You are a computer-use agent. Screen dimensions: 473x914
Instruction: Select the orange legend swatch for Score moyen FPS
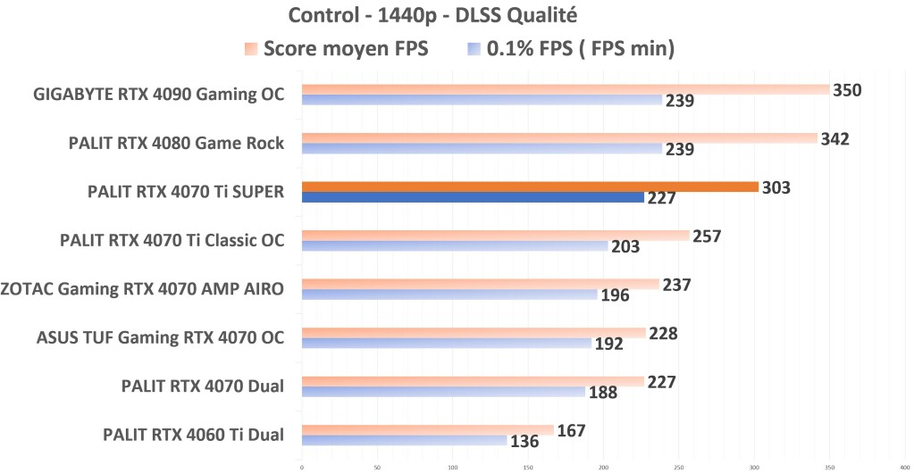(x=250, y=48)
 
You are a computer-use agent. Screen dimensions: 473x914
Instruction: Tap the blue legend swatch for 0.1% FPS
(x=474, y=48)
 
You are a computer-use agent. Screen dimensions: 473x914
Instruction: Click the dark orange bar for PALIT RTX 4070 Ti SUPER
(x=529, y=187)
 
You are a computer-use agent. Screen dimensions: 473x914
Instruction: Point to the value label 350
(x=846, y=90)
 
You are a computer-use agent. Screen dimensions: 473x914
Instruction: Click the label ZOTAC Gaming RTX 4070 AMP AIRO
(x=143, y=288)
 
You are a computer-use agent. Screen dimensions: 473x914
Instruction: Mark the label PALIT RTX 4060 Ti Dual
(x=194, y=435)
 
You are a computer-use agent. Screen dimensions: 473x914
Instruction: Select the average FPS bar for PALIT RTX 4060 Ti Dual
(x=427, y=430)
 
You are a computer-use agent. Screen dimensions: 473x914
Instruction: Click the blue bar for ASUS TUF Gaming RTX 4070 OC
(x=446, y=343)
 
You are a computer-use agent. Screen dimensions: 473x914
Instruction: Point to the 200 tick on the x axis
(x=603, y=465)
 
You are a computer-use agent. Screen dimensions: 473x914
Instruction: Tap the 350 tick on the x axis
(x=830, y=465)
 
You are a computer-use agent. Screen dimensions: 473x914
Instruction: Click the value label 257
(x=706, y=236)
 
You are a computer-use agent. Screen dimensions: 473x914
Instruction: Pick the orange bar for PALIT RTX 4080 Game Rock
(x=559, y=138)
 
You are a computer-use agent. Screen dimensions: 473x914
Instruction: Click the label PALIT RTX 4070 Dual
(x=203, y=386)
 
